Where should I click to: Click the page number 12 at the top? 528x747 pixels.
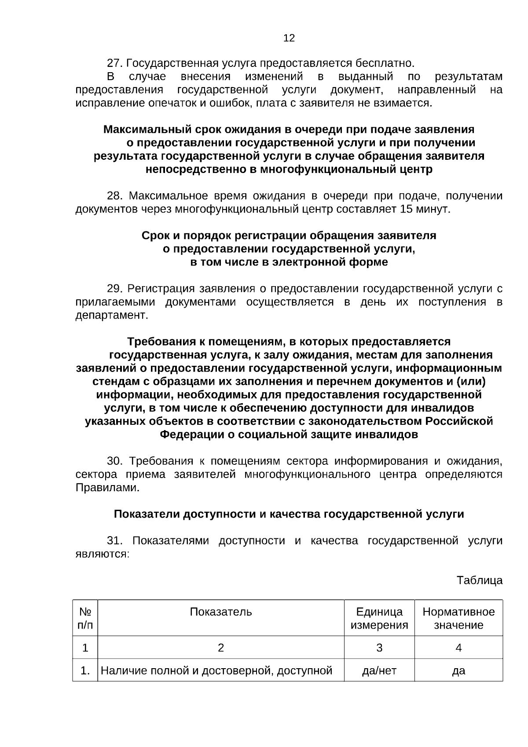click(289, 38)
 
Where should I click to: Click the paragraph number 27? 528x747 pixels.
click(114, 63)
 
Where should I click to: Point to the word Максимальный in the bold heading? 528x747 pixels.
click(141, 129)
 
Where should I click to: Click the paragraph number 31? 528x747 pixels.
click(114, 541)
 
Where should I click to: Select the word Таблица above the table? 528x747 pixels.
click(479, 580)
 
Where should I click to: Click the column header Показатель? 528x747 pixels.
click(221, 612)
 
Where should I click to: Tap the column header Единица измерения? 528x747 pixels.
click(379, 618)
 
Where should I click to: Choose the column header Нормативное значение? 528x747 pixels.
click(458, 618)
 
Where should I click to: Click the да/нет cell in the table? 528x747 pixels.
click(379, 671)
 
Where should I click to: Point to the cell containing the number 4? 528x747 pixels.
click(458, 648)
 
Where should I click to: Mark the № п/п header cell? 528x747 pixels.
click(85, 618)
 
